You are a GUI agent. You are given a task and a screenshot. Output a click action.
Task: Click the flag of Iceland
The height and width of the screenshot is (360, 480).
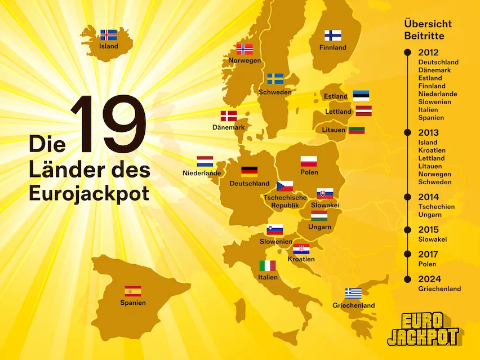click(x=108, y=35)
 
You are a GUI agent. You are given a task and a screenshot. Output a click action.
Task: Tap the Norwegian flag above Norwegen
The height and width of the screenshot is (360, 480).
click(x=245, y=49)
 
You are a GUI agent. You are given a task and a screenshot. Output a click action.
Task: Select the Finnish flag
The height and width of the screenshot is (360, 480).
click(x=332, y=35)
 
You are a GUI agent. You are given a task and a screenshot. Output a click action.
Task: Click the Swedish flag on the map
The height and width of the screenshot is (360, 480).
click(x=275, y=78)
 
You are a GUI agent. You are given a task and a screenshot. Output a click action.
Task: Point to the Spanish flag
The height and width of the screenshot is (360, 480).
click(x=132, y=291)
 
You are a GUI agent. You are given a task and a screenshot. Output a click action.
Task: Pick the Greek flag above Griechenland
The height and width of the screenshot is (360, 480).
click(x=353, y=294)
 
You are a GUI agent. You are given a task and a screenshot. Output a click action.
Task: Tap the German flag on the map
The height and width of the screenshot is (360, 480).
click(x=249, y=172)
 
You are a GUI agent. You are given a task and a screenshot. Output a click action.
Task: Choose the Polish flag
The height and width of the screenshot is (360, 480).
click(x=309, y=162)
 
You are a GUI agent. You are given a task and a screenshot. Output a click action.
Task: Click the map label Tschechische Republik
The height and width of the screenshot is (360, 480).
click(x=285, y=202)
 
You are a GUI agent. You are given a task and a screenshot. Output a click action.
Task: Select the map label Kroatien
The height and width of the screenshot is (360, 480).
click(x=301, y=259)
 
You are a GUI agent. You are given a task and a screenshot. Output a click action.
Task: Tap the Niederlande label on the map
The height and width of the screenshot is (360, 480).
click(x=202, y=174)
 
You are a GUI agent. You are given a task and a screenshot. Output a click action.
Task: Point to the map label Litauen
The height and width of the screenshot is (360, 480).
click(x=334, y=130)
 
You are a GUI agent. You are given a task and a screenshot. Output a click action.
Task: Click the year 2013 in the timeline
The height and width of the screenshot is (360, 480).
click(x=428, y=133)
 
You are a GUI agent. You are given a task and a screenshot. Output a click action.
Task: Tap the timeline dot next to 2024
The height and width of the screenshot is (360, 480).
click(x=407, y=279)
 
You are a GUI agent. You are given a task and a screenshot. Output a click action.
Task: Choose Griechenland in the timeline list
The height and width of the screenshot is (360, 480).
click(x=439, y=289)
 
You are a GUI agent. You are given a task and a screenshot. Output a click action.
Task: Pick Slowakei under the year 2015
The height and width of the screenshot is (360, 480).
click(x=432, y=239)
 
